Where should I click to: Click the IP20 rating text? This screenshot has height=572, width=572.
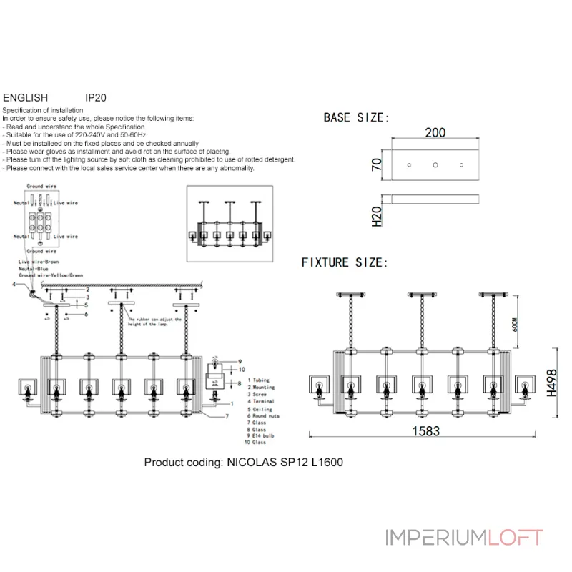[x=96, y=97]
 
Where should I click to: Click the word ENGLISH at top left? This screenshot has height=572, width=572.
[x=26, y=97]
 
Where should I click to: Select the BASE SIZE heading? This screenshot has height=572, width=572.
[x=355, y=117]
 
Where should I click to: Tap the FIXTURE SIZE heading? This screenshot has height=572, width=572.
[x=344, y=263]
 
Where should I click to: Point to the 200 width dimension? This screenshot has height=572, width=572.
[x=435, y=132]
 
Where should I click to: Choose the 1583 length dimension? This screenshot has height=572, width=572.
[x=425, y=431]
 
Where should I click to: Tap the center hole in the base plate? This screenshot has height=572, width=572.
[x=435, y=165]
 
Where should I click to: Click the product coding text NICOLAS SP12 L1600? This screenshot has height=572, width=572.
[x=243, y=463]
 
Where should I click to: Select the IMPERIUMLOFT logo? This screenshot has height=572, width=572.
[x=464, y=537]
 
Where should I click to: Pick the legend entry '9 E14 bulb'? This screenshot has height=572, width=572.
[x=260, y=435]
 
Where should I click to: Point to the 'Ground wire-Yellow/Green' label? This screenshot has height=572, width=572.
[x=51, y=275]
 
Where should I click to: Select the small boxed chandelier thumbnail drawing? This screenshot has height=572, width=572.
[x=230, y=224]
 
